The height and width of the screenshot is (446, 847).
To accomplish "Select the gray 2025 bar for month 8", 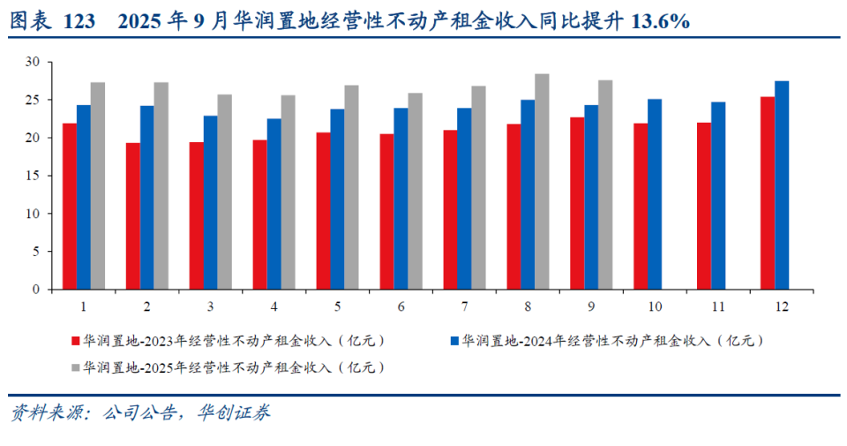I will [x=542, y=181].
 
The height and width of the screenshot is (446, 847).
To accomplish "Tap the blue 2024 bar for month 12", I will [x=782, y=185].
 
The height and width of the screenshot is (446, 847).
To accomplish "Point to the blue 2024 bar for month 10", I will [x=655, y=193].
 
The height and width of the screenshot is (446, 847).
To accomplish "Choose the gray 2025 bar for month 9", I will [x=605, y=185].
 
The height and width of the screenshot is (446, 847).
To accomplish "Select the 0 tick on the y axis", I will [x=36, y=290].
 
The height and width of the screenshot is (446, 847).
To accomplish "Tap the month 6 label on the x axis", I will [x=401, y=306].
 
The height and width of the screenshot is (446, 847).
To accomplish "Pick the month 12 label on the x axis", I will [x=782, y=306].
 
